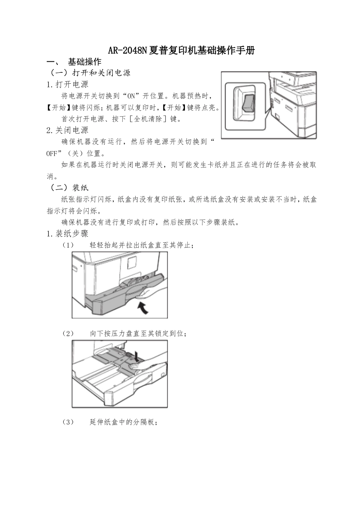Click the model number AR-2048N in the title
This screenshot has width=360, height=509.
tap(127, 50)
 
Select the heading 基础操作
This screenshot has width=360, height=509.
tap(84, 62)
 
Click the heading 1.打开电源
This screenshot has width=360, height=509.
tap(67, 84)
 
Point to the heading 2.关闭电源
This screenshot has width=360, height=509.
tap(67, 130)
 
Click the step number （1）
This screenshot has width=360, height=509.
tap(68, 245)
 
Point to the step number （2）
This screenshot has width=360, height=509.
tap(68, 334)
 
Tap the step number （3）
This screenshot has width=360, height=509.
tap(68, 422)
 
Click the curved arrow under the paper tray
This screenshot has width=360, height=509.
tap(143, 307)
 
